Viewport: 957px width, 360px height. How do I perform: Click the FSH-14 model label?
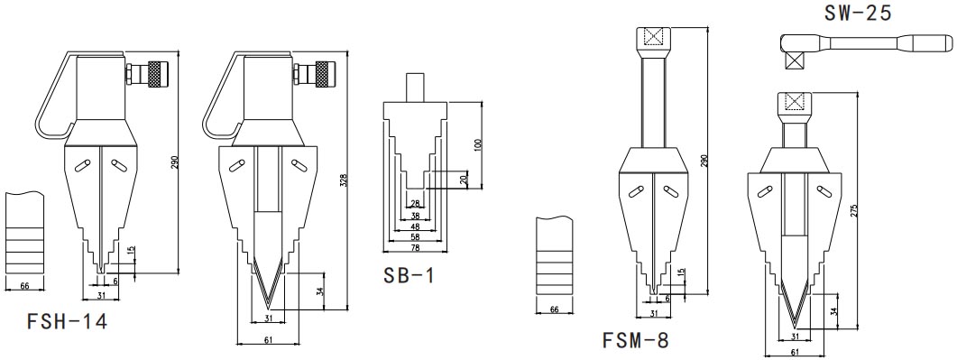tap(67, 321)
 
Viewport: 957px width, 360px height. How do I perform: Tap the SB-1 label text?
tap(409, 275)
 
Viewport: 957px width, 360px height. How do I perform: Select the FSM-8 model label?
tap(635, 340)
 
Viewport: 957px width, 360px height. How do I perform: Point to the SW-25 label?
tap(858, 14)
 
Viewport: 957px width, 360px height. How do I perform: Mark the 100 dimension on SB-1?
tap(478, 145)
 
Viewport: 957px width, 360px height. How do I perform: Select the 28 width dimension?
tap(415, 203)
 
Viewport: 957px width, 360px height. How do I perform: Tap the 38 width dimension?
tap(415, 216)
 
